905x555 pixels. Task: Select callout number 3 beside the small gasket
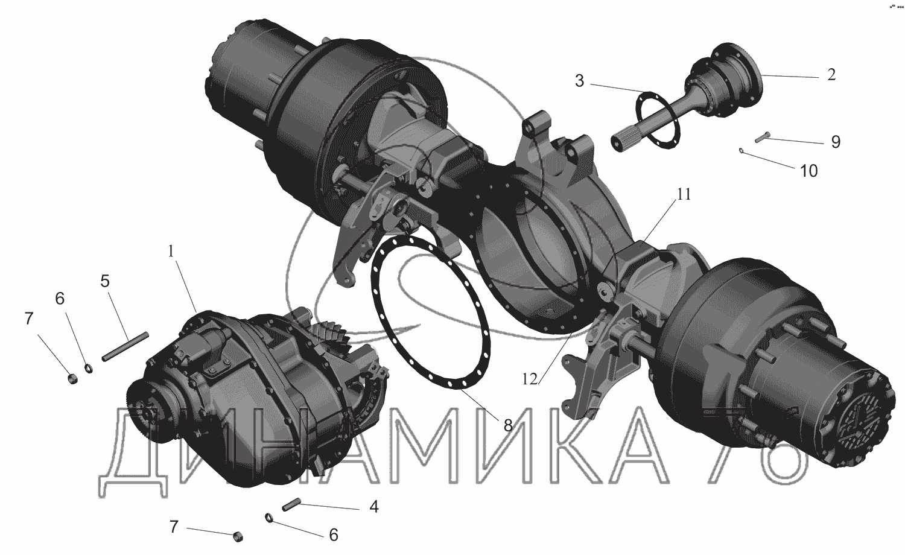coord(579,81)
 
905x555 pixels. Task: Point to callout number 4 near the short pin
coord(374,507)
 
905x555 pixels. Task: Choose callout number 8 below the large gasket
coord(508,425)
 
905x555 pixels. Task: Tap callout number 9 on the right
coord(836,142)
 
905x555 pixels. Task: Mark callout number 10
coord(808,171)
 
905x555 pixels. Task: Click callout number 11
coord(684,194)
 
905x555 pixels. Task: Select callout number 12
coord(530,379)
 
